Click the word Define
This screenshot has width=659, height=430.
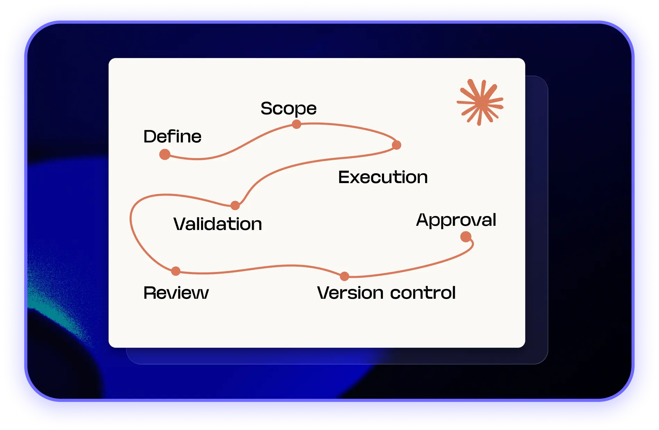click(x=173, y=136)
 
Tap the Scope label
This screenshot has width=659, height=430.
click(x=289, y=109)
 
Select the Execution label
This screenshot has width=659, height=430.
click(x=383, y=177)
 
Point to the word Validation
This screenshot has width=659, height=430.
click(x=218, y=224)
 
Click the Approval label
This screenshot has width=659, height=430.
click(x=456, y=220)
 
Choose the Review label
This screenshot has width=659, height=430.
click(x=176, y=293)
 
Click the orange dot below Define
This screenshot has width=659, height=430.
click(x=165, y=154)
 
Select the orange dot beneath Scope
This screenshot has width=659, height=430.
click(x=297, y=124)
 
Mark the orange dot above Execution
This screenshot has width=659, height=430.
click(x=397, y=145)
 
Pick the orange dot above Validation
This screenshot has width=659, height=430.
click(x=235, y=206)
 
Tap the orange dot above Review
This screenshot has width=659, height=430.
click(x=176, y=271)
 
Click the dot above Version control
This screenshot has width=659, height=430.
click(x=344, y=276)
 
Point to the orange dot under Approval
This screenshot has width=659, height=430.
click(x=466, y=237)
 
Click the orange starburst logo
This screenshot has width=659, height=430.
click(x=480, y=102)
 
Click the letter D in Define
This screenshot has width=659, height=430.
click(x=150, y=137)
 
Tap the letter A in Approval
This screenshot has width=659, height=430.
click(x=423, y=220)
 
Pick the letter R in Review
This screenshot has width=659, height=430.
click(x=150, y=293)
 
